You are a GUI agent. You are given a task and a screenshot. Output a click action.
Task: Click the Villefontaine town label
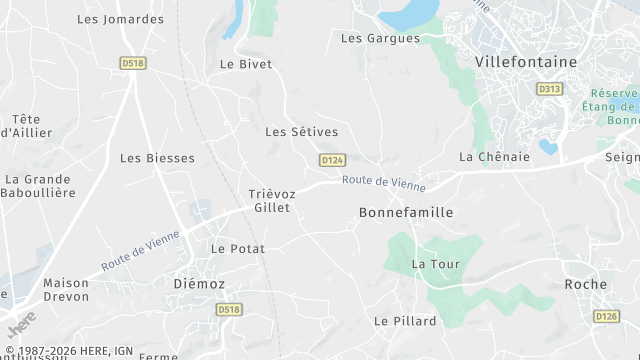(x=526, y=61)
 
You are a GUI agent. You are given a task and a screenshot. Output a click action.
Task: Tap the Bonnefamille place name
(x=406, y=213)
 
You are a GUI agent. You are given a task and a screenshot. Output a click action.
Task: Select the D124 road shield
(x=333, y=160)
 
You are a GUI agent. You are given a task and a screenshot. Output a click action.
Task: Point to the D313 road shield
(x=549, y=89)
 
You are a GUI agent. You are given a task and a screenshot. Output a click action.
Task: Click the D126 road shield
(x=606, y=316)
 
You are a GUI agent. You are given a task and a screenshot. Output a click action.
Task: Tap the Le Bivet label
(x=246, y=64)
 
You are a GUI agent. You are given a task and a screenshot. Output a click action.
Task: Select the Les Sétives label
(x=301, y=132)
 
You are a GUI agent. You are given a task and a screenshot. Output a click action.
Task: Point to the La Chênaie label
(x=493, y=157)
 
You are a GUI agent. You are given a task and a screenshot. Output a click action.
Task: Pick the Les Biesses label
(x=157, y=158)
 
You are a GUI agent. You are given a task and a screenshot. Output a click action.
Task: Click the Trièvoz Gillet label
(x=269, y=201)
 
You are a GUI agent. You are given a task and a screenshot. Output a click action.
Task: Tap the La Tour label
(x=432, y=264)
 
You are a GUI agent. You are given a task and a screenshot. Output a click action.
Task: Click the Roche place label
(x=585, y=284)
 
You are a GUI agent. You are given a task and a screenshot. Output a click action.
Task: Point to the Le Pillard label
(x=405, y=321)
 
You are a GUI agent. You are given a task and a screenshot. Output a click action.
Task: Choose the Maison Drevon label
(x=66, y=290)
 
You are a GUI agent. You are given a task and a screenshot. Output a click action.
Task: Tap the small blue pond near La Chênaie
(x=548, y=147)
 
